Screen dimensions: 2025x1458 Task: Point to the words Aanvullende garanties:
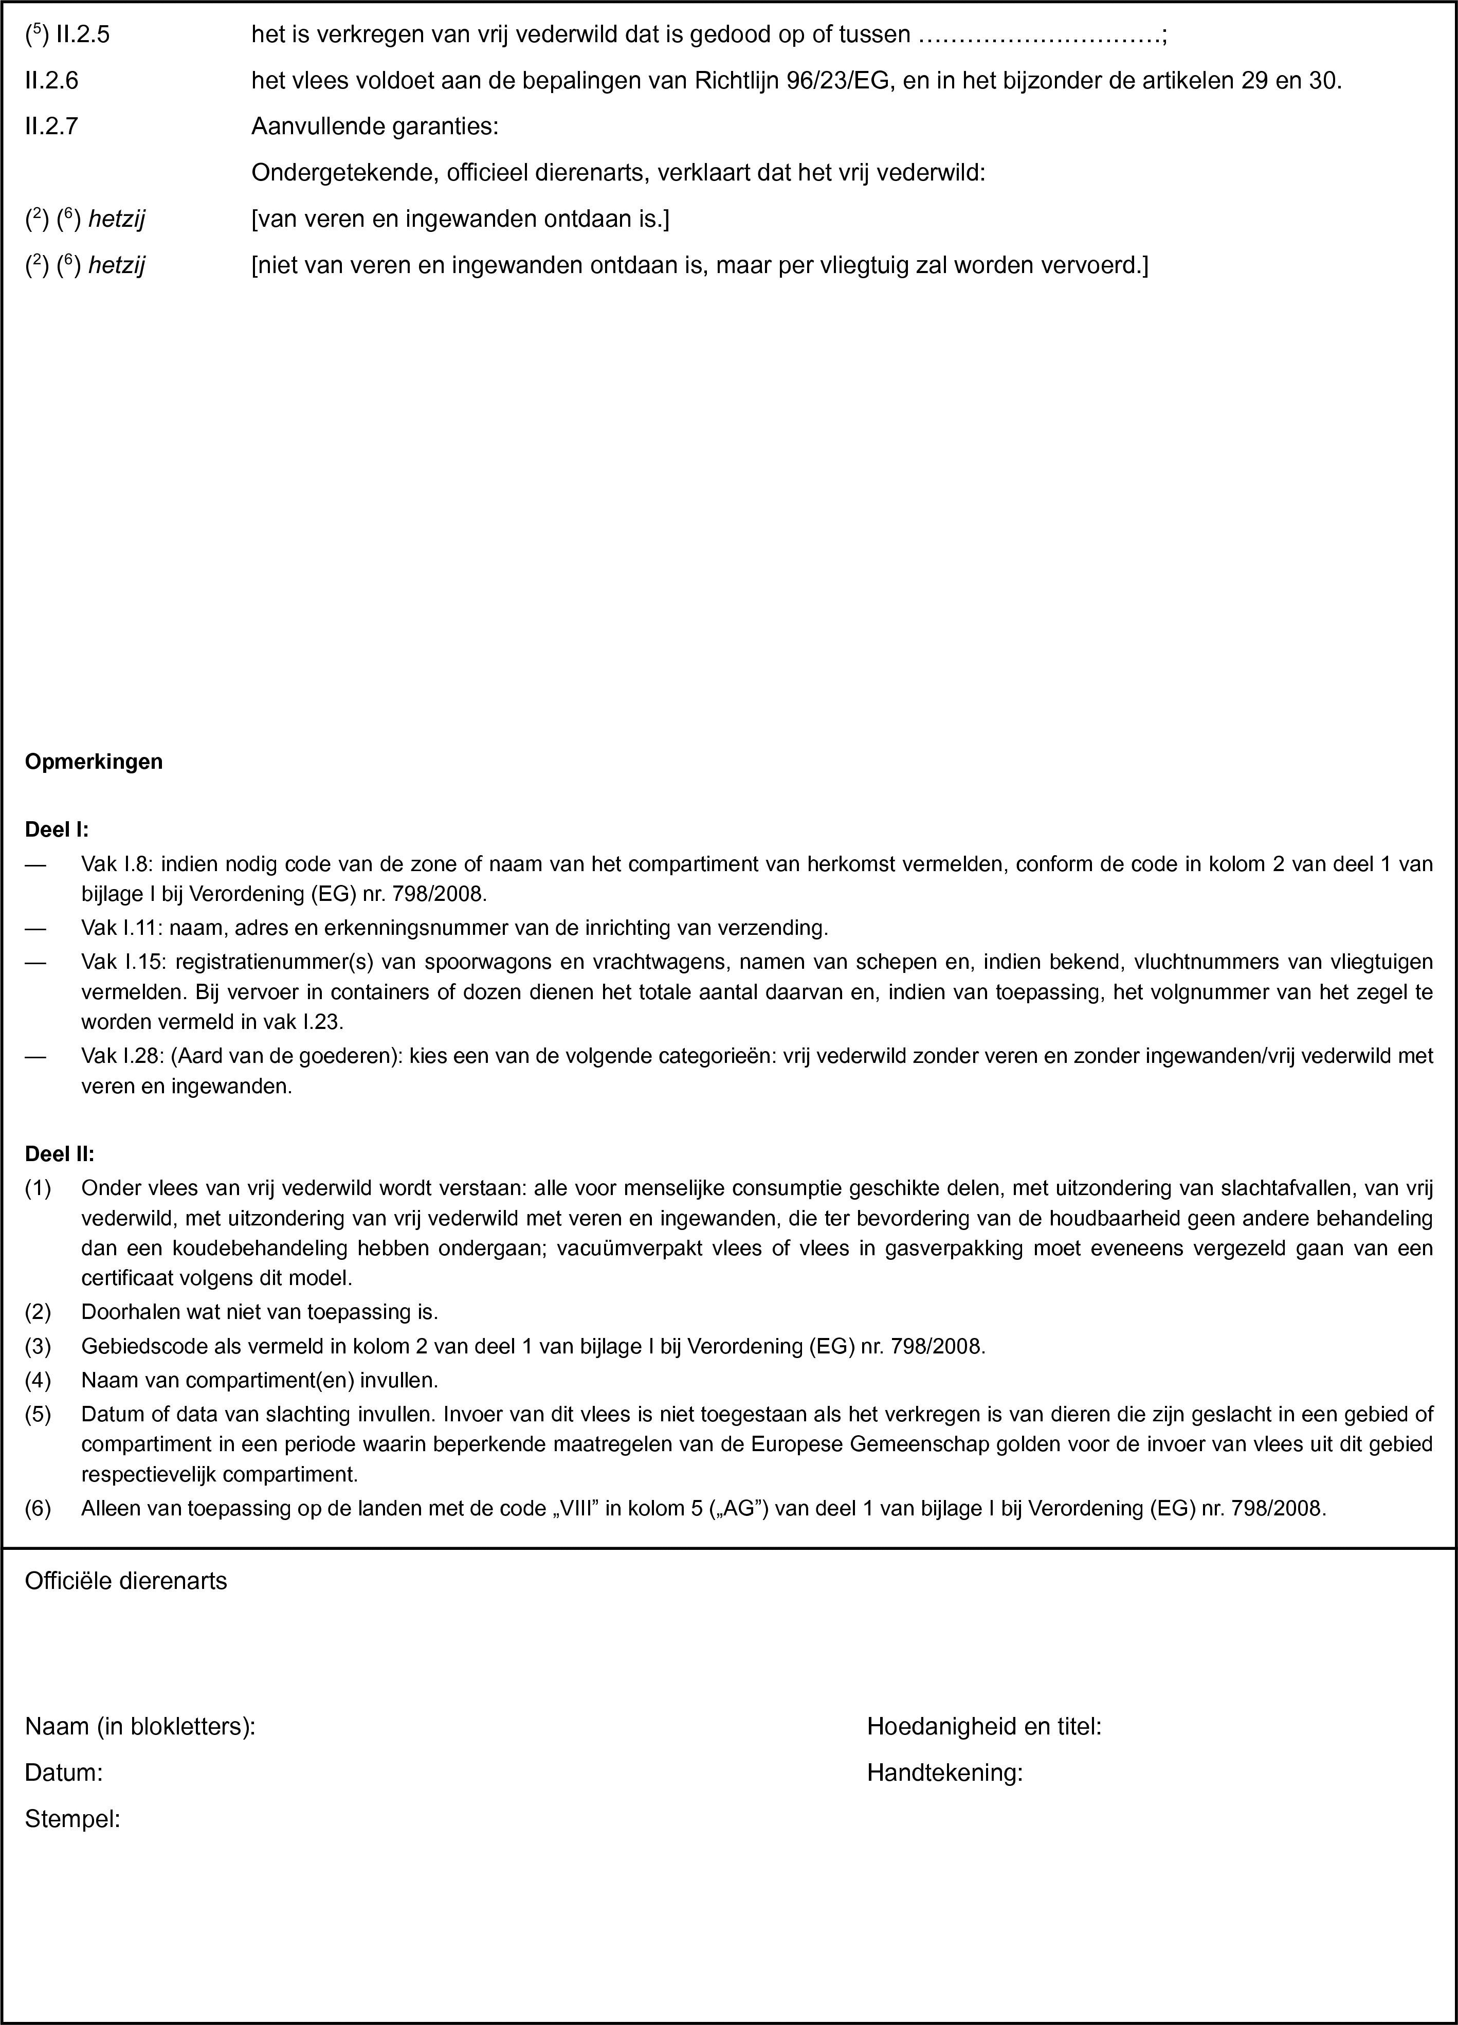point(375,127)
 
